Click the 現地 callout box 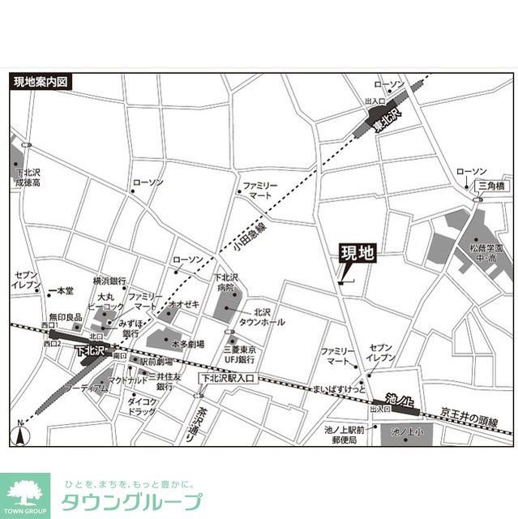[x=357, y=252]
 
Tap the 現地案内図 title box [x=43, y=82]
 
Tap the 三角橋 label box [x=490, y=186]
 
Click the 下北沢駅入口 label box [x=226, y=376]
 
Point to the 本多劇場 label [x=187, y=343]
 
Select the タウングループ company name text [x=131, y=501]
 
